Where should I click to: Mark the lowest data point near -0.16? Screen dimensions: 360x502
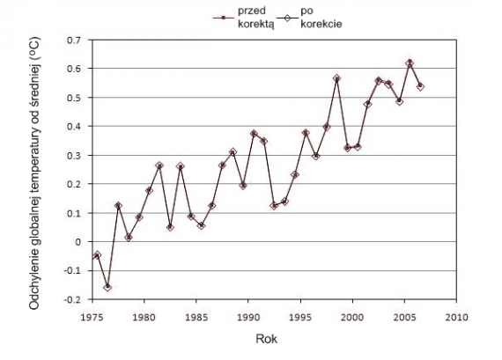[x=107, y=287]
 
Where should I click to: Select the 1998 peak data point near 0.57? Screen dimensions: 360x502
[x=336, y=78]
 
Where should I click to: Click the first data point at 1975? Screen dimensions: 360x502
[x=97, y=255]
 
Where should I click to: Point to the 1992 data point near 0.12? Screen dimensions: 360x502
[x=274, y=206]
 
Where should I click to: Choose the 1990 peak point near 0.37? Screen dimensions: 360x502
[x=254, y=134]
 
